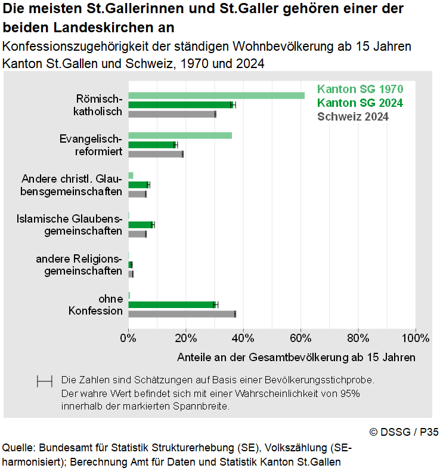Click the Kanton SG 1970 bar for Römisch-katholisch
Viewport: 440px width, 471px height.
click(216, 96)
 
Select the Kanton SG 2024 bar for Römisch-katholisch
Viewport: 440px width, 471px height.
click(180, 105)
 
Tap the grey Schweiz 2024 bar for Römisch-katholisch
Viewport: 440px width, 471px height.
click(172, 114)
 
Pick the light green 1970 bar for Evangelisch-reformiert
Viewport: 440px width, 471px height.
click(179, 136)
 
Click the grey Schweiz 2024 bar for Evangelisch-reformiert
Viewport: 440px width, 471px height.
click(156, 154)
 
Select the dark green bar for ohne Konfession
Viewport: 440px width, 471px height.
click(171, 304)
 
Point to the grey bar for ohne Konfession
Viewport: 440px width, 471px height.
click(182, 314)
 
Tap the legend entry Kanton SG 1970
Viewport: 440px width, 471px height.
click(360, 90)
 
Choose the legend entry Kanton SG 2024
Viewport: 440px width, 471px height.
click(360, 103)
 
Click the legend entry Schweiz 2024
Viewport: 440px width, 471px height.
click(353, 117)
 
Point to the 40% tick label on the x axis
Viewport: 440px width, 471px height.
click(243, 338)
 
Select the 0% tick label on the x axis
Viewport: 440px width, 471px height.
click(128, 338)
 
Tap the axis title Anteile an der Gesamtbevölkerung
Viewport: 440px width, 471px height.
click(296, 357)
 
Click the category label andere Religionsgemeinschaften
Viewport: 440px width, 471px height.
click(79, 264)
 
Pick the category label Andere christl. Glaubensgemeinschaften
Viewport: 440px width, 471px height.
click(72, 185)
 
